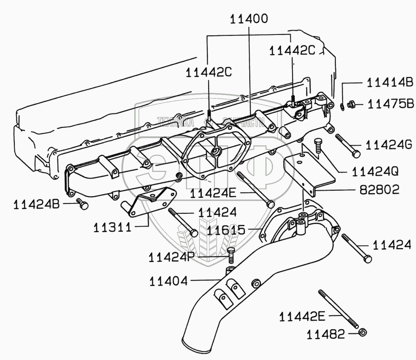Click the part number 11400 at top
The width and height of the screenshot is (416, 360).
coord(249,19)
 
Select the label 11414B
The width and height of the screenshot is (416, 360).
coord(390,83)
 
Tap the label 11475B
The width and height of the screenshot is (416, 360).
coord(391,104)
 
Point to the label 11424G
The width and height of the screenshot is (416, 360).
coord(389,145)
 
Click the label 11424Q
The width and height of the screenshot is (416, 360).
coord(375,172)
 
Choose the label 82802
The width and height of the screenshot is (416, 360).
coord(379,190)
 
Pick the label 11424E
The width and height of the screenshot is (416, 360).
coord(213,194)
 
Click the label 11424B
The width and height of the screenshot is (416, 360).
coord(36,205)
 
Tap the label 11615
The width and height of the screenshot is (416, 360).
coord(226,230)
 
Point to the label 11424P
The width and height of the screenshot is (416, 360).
coord(172,257)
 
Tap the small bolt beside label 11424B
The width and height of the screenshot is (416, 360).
coord(83,204)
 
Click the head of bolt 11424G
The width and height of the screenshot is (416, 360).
coord(356,154)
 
